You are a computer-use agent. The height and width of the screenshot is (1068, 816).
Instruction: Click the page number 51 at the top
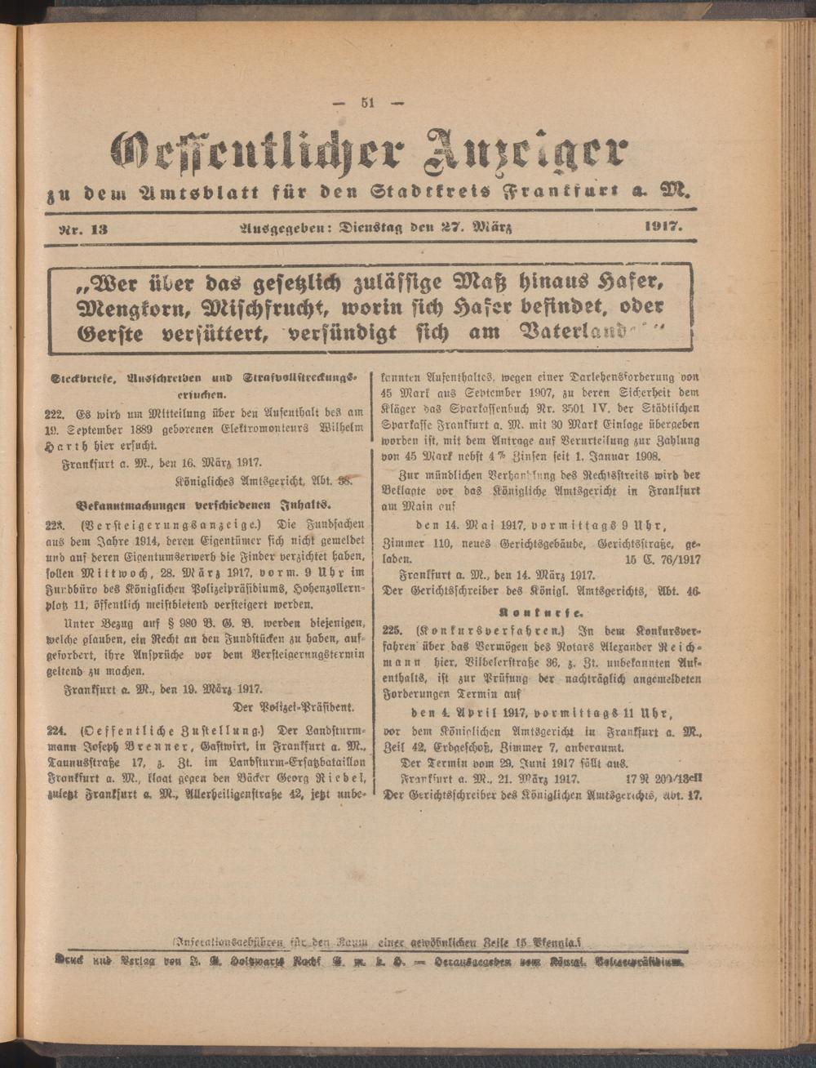(x=368, y=103)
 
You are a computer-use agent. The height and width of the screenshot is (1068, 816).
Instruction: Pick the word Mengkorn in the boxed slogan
(x=112, y=309)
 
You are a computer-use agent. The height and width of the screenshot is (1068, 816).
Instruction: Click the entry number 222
(x=55, y=413)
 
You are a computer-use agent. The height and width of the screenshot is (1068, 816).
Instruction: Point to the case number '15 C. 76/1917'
(x=663, y=562)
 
